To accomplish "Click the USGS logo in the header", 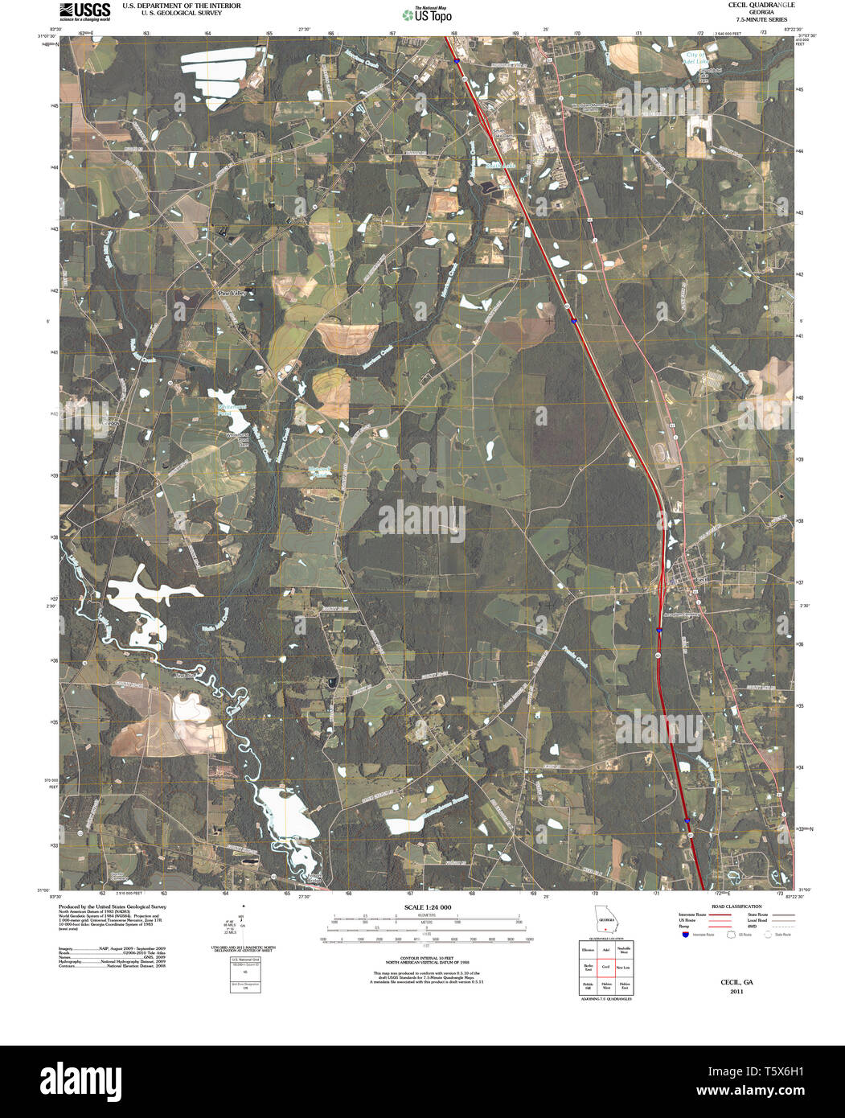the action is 84,10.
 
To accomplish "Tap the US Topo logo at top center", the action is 427,14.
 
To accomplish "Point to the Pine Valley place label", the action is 231,294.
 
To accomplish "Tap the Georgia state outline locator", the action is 605,919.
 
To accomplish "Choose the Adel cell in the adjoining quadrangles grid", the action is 605,950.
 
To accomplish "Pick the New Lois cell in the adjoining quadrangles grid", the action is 623,967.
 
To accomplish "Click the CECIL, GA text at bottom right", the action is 736,983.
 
